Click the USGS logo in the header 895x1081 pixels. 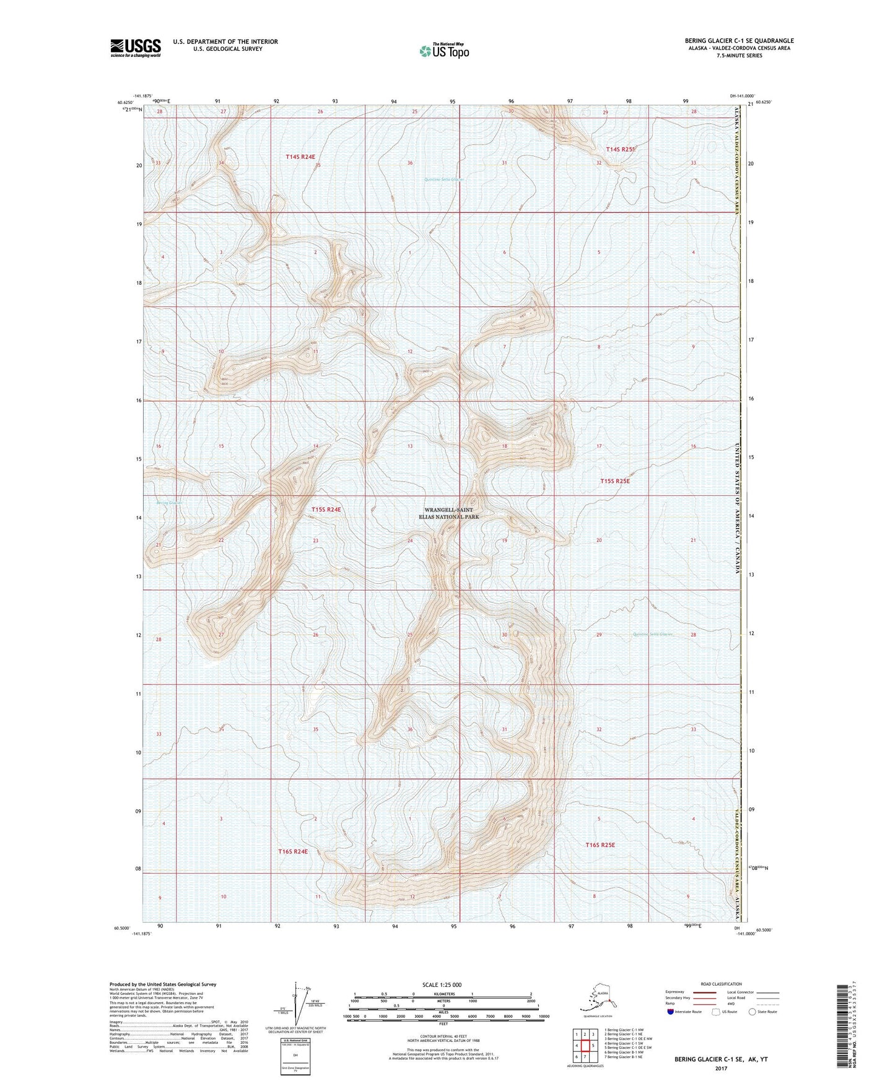tap(136, 48)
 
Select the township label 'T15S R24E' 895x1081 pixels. tap(326, 510)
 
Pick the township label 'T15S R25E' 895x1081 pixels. tap(614, 481)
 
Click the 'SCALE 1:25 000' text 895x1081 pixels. tap(442, 984)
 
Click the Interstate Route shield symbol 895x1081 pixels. tap(671, 1012)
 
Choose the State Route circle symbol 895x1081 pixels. tap(752, 1012)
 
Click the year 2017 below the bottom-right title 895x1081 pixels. tap(720, 1069)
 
